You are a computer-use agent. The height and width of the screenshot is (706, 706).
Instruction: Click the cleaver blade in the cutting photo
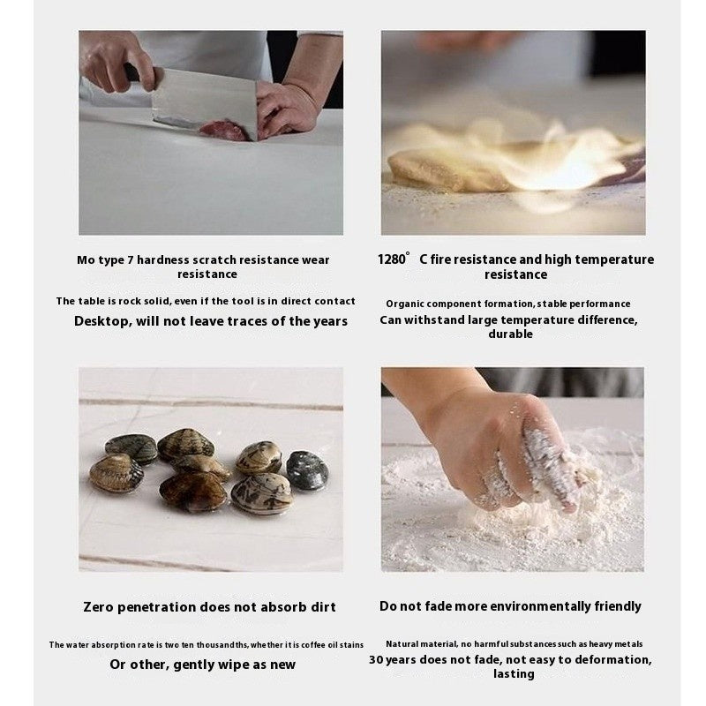click(x=205, y=102)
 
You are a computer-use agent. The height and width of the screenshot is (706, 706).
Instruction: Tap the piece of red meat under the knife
click(x=223, y=130)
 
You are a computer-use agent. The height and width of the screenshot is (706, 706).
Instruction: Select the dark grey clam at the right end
click(x=307, y=470)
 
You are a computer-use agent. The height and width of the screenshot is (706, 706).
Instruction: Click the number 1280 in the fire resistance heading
click(x=391, y=259)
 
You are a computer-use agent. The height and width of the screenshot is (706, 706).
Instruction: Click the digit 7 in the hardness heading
click(x=130, y=259)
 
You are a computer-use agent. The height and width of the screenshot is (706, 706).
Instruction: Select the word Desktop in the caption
click(x=102, y=321)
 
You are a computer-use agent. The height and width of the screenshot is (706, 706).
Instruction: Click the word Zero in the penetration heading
click(x=98, y=607)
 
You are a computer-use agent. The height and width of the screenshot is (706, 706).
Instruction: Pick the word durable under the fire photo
click(x=511, y=334)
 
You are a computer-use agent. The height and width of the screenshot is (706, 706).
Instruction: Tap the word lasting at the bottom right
click(x=514, y=674)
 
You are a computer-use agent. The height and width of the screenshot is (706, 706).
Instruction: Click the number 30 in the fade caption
click(x=377, y=659)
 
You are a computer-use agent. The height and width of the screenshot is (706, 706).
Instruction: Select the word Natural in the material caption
click(x=401, y=644)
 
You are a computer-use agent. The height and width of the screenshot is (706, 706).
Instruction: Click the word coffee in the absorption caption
click(x=314, y=645)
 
